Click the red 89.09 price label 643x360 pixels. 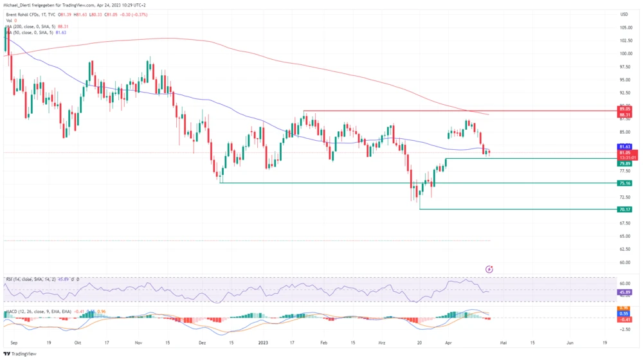pos(624,109)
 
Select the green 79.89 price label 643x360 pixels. pos(624,163)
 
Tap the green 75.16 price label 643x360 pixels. pos(624,183)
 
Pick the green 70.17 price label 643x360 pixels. pos(624,209)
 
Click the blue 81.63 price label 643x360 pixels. pos(624,147)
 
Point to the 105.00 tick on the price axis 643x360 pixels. pos(624,28)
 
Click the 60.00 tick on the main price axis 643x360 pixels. pos(624,262)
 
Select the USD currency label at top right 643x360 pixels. pos(624,14)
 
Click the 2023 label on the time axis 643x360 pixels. pos(263,343)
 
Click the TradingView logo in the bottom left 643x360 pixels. pos(21,354)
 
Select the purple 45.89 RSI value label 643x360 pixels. pos(624,292)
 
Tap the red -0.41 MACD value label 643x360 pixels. pos(624,319)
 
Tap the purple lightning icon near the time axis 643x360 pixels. pos(489,269)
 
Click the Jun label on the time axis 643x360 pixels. pos(570,343)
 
